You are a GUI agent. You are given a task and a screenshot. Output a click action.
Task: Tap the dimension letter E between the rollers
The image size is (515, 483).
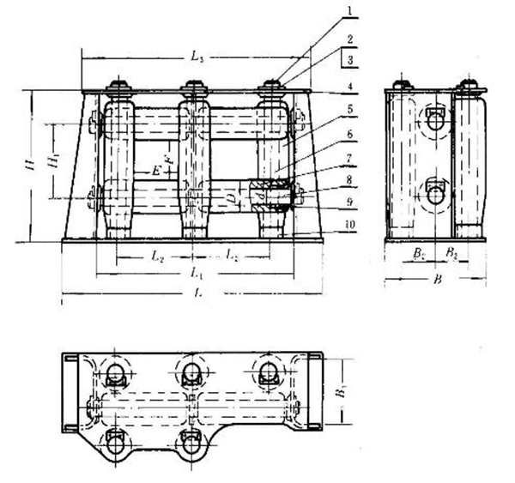155,171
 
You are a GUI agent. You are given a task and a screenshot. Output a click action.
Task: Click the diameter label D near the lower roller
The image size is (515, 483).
230,199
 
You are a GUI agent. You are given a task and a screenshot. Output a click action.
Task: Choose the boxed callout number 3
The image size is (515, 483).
351,59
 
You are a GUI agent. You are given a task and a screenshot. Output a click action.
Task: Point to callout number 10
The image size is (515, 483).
351,225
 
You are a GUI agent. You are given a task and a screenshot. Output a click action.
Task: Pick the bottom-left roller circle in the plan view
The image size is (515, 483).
115,444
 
